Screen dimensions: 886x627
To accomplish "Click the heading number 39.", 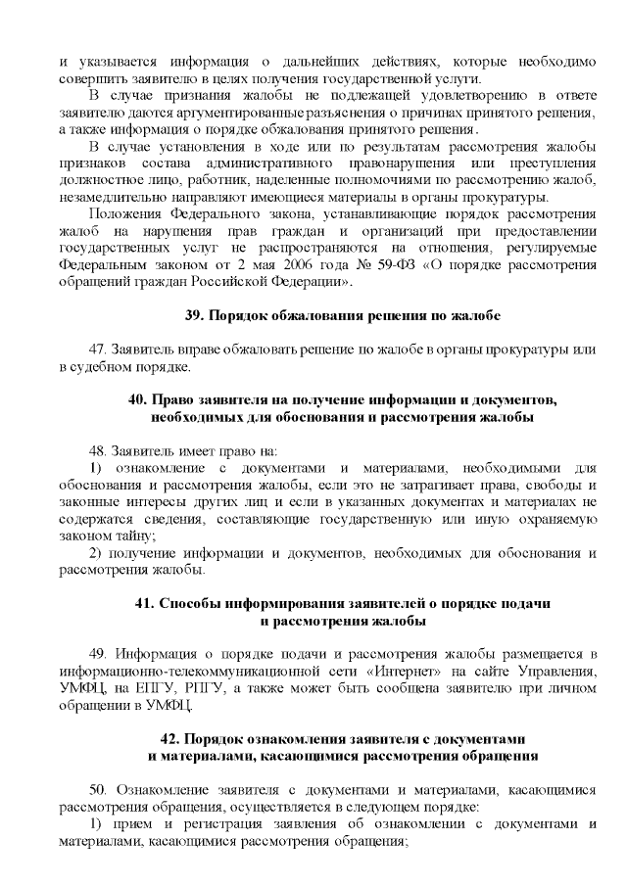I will coord(193,316).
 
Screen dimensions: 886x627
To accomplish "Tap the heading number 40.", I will coord(137,400).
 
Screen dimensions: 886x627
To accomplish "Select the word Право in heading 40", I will coord(176,400).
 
